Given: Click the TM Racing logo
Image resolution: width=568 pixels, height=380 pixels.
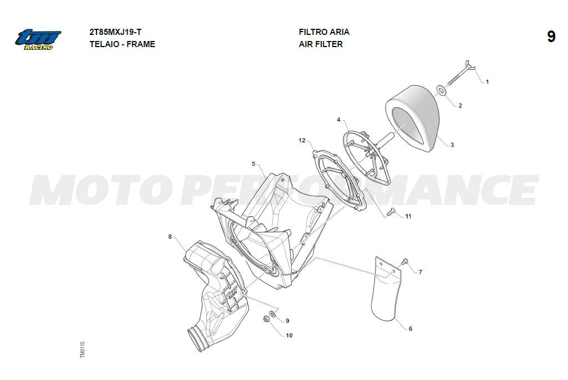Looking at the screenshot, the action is coord(38,39).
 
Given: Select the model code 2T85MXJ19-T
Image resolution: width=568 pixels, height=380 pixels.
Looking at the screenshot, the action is coord(115,32).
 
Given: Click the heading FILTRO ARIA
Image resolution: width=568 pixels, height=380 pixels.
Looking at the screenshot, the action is coord(324,32).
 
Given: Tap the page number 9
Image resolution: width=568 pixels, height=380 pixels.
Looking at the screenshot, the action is coord(551,37).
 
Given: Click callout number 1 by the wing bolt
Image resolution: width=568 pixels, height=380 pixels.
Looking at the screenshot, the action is coord(487,82).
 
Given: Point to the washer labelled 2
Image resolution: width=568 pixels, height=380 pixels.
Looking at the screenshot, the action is coord(441,90).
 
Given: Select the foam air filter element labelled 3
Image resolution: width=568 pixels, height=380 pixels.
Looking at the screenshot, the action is coord(413,118).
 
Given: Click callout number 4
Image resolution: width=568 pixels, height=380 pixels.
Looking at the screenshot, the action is coord(339,120).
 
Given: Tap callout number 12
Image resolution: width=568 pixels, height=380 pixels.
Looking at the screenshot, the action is coord(302,140).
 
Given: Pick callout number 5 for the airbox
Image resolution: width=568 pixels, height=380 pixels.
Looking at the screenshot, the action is coord(253,164).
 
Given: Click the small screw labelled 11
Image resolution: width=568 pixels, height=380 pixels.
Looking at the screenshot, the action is coord(390,213).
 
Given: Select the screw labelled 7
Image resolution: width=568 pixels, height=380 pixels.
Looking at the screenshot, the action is coord(404,261).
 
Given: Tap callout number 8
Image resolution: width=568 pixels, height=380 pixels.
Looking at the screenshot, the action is coord(170,237).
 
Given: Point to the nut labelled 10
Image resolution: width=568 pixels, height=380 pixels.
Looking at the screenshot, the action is coord(266,319).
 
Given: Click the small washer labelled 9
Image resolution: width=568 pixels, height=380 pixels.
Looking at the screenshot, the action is coord(272,314).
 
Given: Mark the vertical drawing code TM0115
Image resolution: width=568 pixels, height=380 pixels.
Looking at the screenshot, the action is coord(83,350).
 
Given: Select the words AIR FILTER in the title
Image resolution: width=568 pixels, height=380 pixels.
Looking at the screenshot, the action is coord(321,44).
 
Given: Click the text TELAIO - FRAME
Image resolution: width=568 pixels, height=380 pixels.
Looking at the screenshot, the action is coord(123,44).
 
